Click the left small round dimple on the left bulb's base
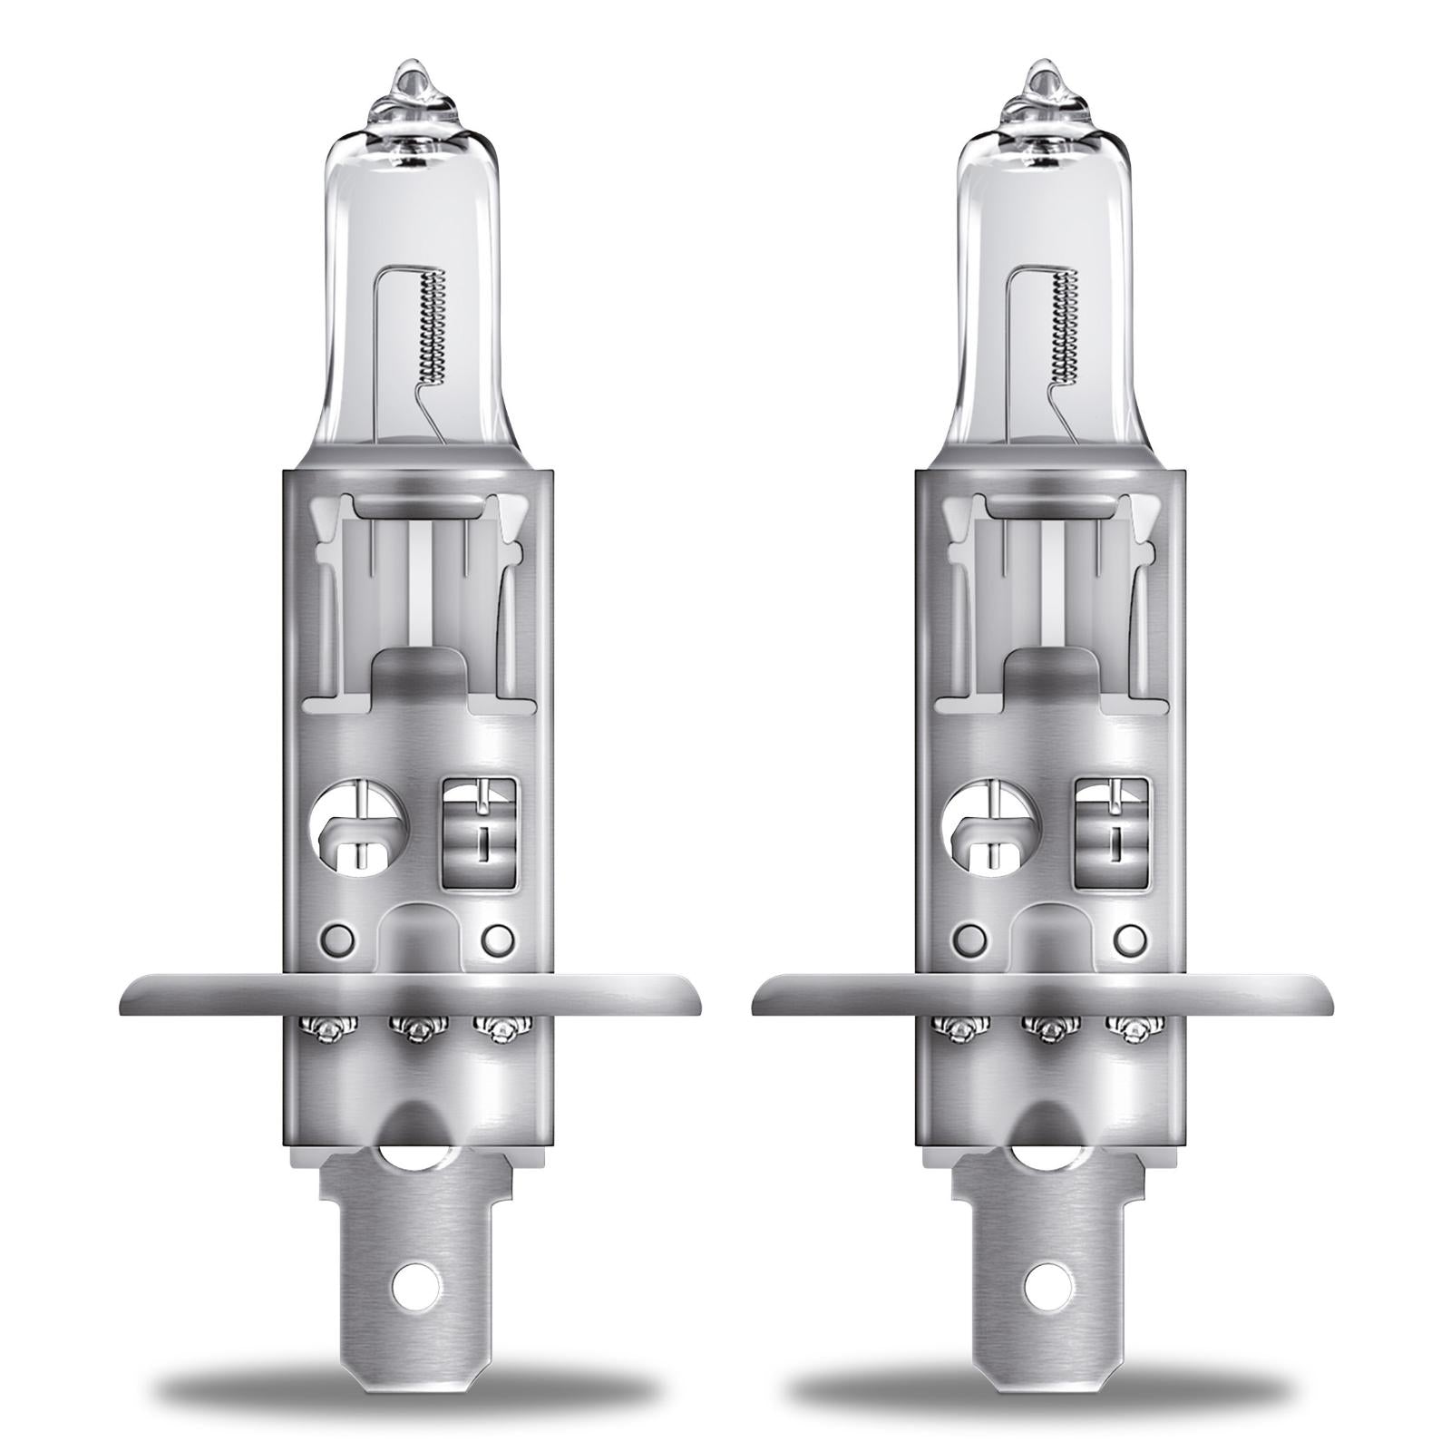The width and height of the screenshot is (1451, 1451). coord(339,936)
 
